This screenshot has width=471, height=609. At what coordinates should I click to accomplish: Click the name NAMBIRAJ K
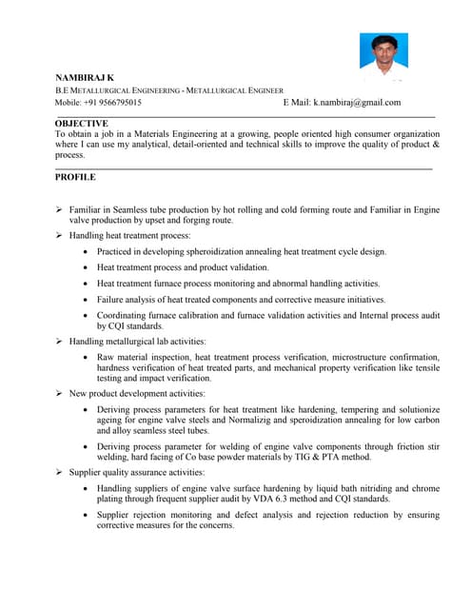coord(84,76)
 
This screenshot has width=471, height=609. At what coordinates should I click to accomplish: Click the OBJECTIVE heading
coord(82,124)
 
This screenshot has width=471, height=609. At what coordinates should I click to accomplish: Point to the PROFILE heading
coord(75,177)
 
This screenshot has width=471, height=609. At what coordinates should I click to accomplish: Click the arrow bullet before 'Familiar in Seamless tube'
coord(59,208)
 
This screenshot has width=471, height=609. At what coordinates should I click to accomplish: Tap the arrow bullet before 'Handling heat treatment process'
coord(59,235)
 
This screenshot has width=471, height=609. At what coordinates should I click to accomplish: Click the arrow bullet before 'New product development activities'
coord(59,393)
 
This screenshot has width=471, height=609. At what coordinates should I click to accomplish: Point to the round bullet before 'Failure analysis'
coord(86,299)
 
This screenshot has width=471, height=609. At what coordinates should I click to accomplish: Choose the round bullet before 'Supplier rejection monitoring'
coord(86,515)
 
